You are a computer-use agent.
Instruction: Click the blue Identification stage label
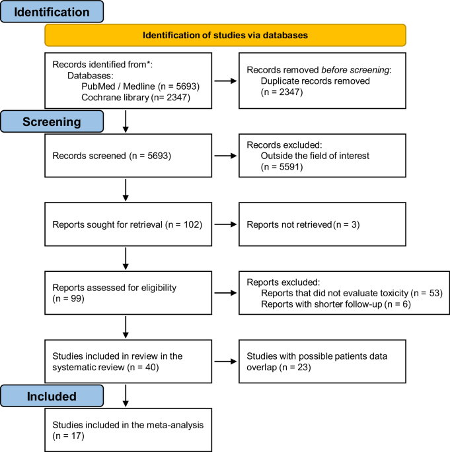click(52, 13)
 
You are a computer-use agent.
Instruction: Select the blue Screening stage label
click(52, 122)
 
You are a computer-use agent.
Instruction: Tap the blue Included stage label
click(52, 397)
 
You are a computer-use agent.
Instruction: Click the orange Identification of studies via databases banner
click(225, 35)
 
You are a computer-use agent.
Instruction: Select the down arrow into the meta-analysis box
click(126, 396)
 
